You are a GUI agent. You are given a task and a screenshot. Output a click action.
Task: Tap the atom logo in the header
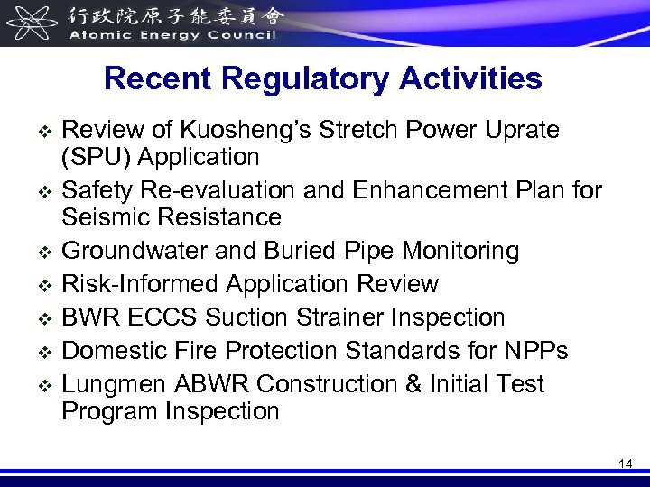coord(30,22)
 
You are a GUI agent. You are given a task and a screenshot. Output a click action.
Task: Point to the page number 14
coord(626,464)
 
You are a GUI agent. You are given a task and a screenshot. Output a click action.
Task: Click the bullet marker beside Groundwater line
coord(42,252)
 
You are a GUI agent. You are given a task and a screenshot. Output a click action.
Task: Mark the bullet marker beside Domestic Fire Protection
coord(42,352)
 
